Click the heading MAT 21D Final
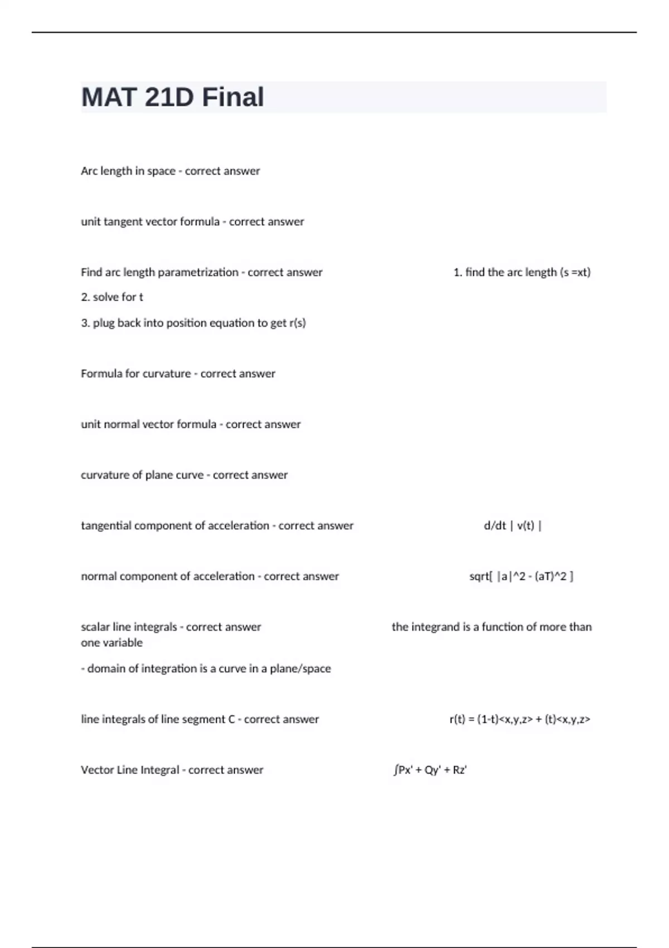pos(172,97)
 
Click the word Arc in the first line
pos(89,171)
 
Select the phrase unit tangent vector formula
pos(150,222)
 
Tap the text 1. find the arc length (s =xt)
pos(522,272)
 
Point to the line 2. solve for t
pos(112,297)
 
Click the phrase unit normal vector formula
pos(148,424)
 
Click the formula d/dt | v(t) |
pos(513,526)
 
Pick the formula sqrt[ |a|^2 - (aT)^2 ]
pos(521,577)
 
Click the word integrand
pos(434,627)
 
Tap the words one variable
pos(111,643)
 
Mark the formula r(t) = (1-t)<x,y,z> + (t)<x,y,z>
pos(520,719)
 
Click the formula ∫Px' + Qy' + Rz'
pos(430,770)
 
